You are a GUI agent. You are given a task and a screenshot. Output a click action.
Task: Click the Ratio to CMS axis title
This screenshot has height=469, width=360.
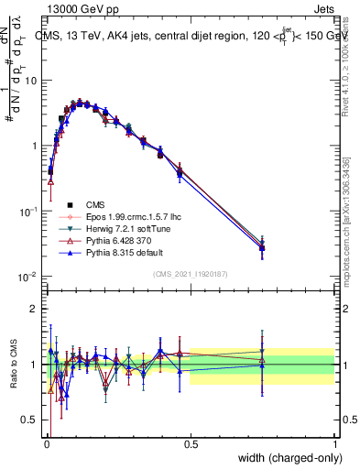[14, 365]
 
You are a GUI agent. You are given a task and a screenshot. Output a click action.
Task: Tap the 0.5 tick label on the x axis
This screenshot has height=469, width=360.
[191, 445]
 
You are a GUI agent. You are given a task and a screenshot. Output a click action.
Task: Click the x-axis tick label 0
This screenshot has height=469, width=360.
[47, 445]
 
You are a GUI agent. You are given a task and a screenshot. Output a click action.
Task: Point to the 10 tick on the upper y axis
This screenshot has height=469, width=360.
[31, 81]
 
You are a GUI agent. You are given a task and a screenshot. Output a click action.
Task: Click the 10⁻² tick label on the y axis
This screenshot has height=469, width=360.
[28, 276]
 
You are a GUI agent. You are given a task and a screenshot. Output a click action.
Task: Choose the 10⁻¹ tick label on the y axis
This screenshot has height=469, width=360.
[28, 211]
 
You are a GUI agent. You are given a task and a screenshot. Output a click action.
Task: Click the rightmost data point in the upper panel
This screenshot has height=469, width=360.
[262, 246]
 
